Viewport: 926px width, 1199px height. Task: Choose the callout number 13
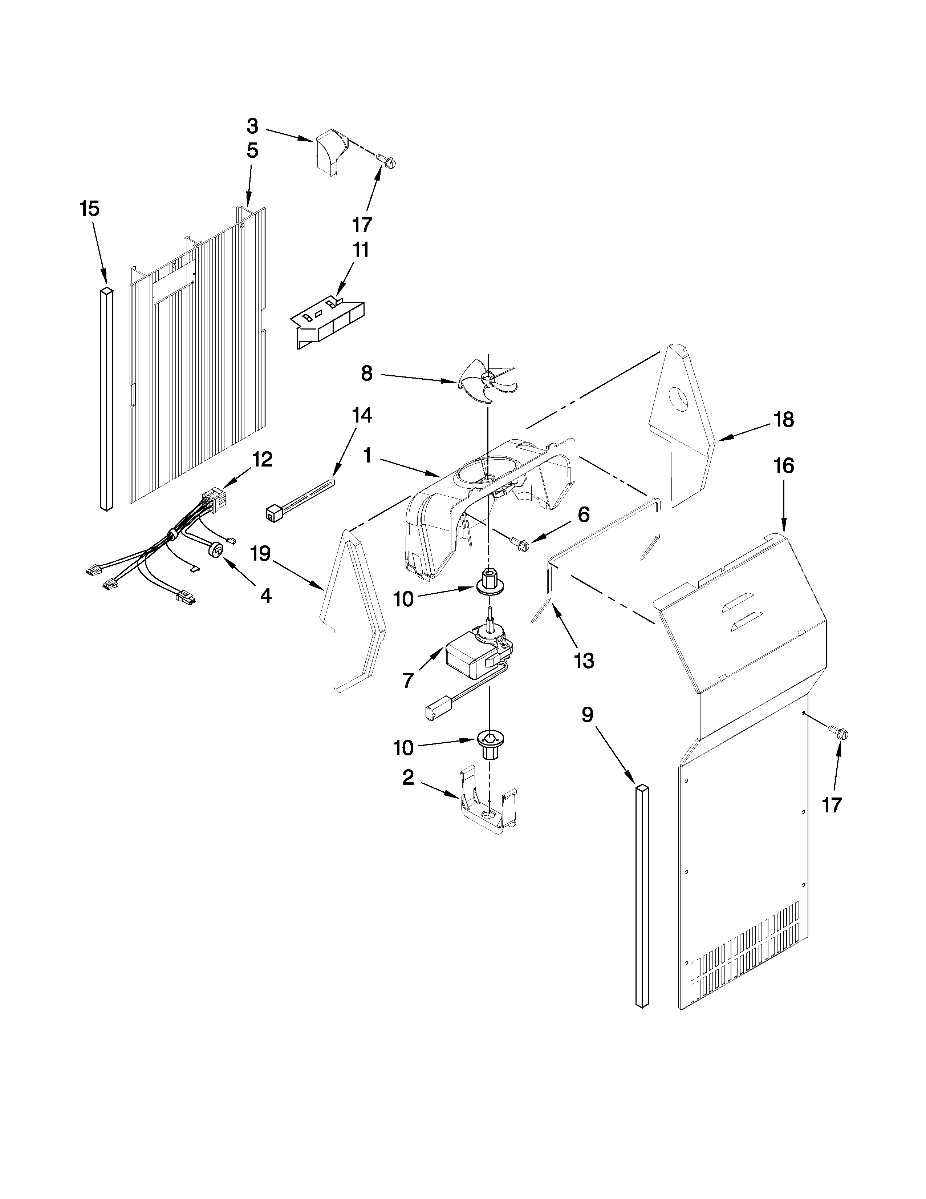[x=584, y=661]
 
